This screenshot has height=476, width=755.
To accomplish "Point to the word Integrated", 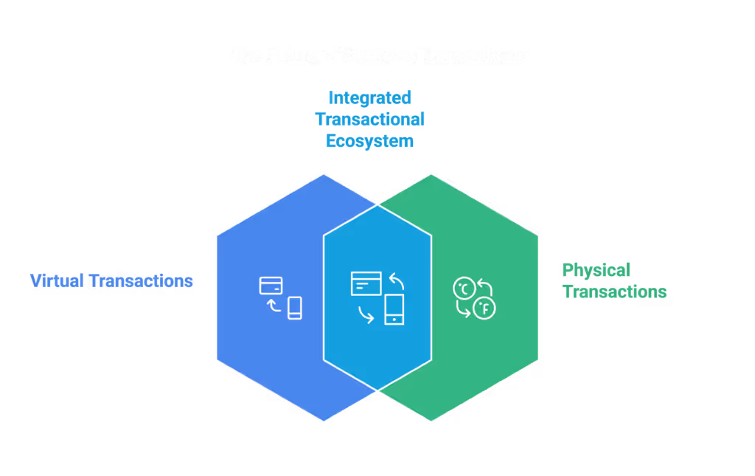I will pyautogui.click(x=369, y=97).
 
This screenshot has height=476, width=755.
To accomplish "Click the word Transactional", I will pyautogui.click(x=369, y=119).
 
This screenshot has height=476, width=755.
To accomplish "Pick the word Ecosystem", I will pyautogui.click(x=369, y=140).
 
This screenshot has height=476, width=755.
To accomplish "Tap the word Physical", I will pyautogui.click(x=596, y=270).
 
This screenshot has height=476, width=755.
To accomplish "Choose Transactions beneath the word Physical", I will pyautogui.click(x=614, y=292).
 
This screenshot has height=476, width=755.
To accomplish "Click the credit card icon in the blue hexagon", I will pyautogui.click(x=271, y=285).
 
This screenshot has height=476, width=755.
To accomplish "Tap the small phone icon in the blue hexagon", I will pyautogui.click(x=295, y=308).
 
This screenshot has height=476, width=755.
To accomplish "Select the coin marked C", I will pyautogui.click(x=464, y=289).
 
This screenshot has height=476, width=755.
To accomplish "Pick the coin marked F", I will pyautogui.click(x=484, y=308).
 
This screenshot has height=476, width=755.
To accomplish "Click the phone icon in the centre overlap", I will pyautogui.click(x=394, y=308).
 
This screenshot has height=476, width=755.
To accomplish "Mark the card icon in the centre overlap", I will pyautogui.click(x=366, y=283).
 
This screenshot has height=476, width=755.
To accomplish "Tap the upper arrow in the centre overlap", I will pyautogui.click(x=397, y=280).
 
